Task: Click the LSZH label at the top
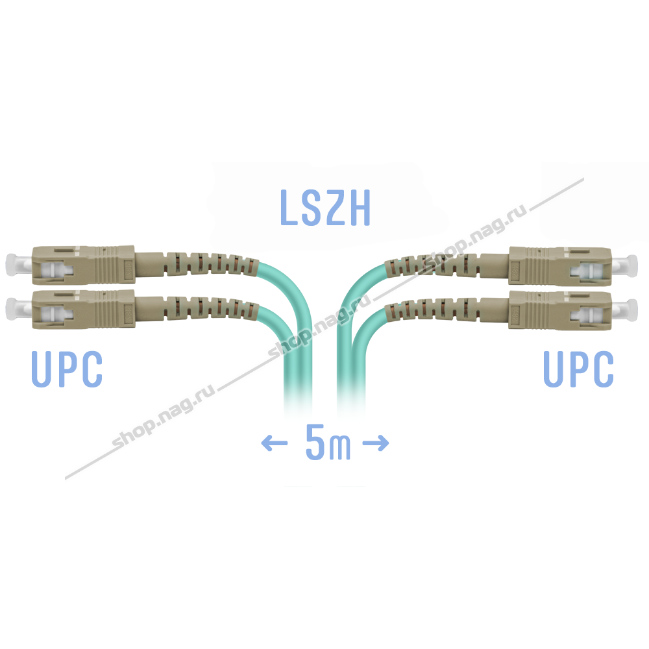coord(325,208)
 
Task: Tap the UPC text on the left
coord(67,369)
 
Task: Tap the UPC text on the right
coord(578,369)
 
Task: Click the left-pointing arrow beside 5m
coord(274,444)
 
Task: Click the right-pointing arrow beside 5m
coord(375,444)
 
